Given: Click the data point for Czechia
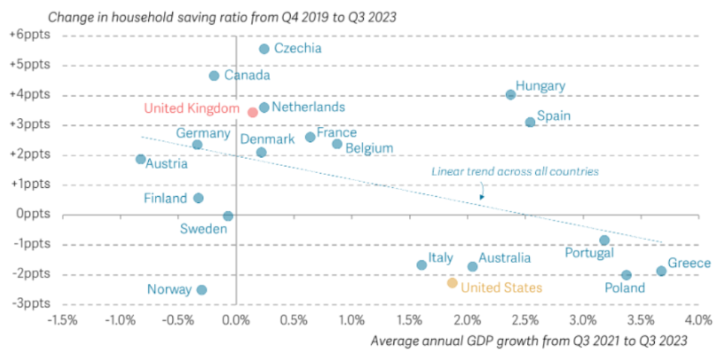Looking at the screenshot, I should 264,49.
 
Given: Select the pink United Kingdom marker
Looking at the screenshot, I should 253,113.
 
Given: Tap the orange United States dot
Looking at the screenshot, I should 452,283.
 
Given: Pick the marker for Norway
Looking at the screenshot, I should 201,290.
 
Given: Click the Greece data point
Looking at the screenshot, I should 661,271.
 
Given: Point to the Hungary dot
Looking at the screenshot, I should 510,95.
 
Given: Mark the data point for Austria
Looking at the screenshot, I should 141,159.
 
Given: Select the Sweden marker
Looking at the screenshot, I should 228,216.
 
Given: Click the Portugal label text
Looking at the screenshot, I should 589,254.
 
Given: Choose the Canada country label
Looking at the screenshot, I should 247,76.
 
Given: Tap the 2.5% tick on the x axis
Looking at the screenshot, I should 525,321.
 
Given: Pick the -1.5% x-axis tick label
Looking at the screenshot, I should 62,321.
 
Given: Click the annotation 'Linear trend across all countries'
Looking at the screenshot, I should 514,171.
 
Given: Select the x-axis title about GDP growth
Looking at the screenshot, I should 529,341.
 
